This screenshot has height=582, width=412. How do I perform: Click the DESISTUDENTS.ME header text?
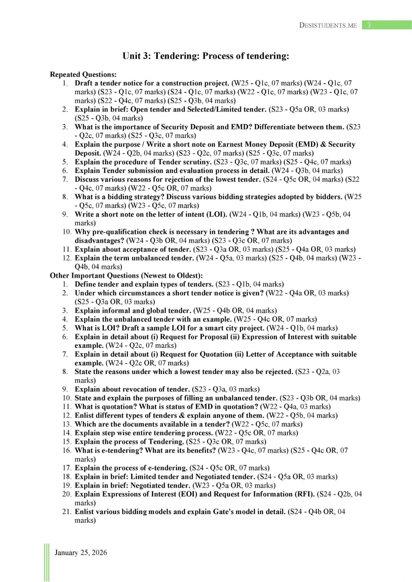[328, 25]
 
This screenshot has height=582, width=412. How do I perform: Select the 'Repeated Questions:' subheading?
[83, 74]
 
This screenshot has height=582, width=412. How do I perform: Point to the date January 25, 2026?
[81, 552]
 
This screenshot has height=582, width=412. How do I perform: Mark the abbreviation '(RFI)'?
[304, 494]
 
